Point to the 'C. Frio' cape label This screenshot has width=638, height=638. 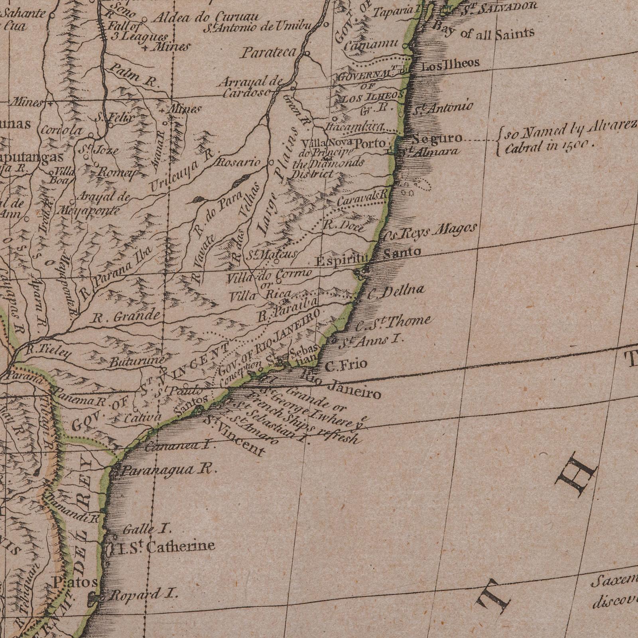[346, 365]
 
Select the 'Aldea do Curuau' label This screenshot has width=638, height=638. [207, 18]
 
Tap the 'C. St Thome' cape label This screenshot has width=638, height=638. [393, 323]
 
